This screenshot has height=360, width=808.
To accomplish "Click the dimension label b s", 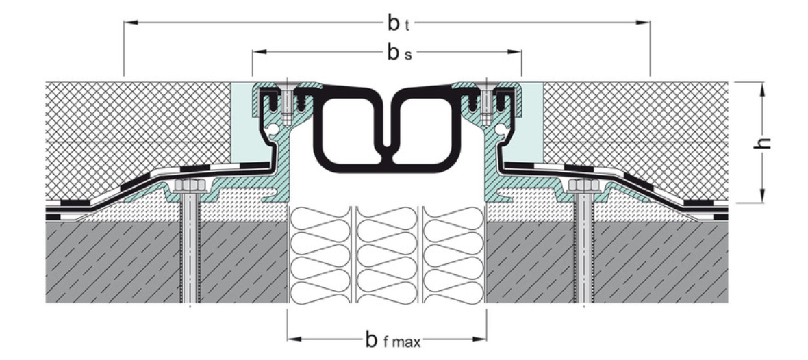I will coord(399,53).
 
